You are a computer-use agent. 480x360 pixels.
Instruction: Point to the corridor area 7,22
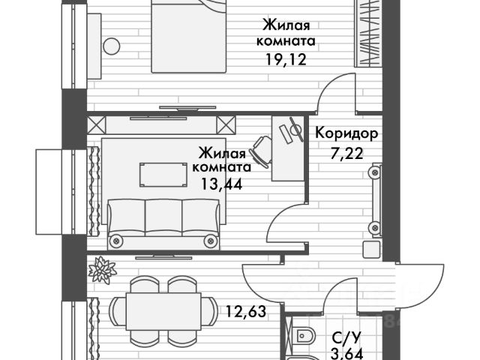pyautogui.click(x=347, y=156)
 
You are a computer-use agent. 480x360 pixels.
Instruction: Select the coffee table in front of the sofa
pyautogui.click(x=163, y=175)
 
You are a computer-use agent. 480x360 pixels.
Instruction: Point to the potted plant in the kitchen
pyautogui.click(x=103, y=269)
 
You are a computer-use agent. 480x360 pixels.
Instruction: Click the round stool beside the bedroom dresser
pyautogui.click(x=112, y=46)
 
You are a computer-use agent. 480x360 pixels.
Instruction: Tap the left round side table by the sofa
pyautogui.click(x=116, y=241)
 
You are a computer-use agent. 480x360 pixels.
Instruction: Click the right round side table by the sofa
pyautogui.click(x=211, y=241)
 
